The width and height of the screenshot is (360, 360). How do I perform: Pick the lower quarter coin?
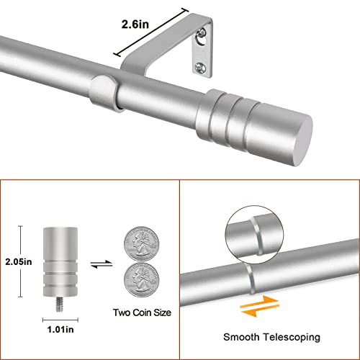point(140,278)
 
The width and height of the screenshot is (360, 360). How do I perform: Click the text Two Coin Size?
point(141,312)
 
